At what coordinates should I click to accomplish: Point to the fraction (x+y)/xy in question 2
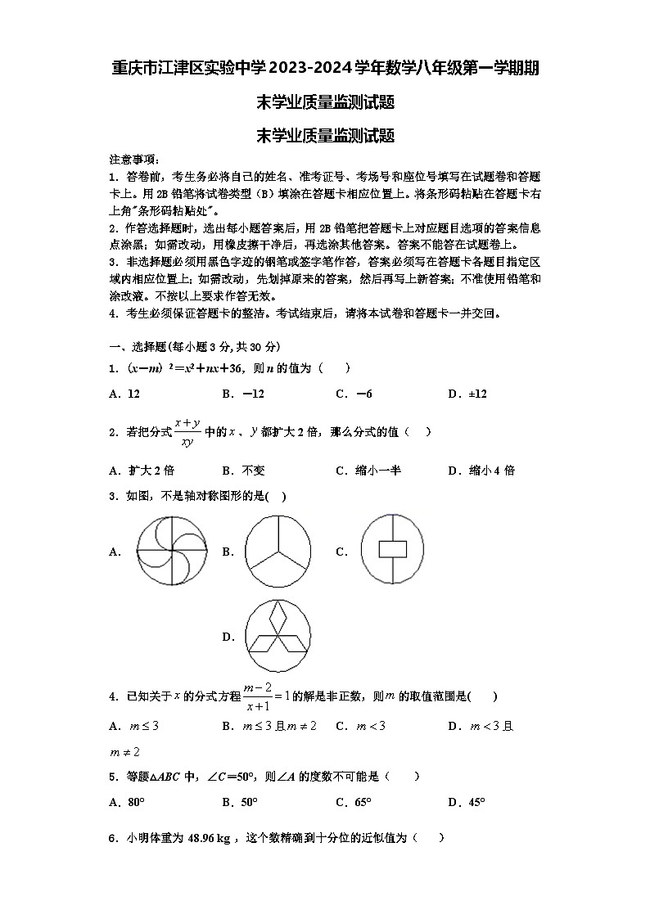(187, 432)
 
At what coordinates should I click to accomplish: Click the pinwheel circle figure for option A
(172, 552)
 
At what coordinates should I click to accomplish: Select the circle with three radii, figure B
(278, 552)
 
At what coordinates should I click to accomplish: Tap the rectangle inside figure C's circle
(392, 549)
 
